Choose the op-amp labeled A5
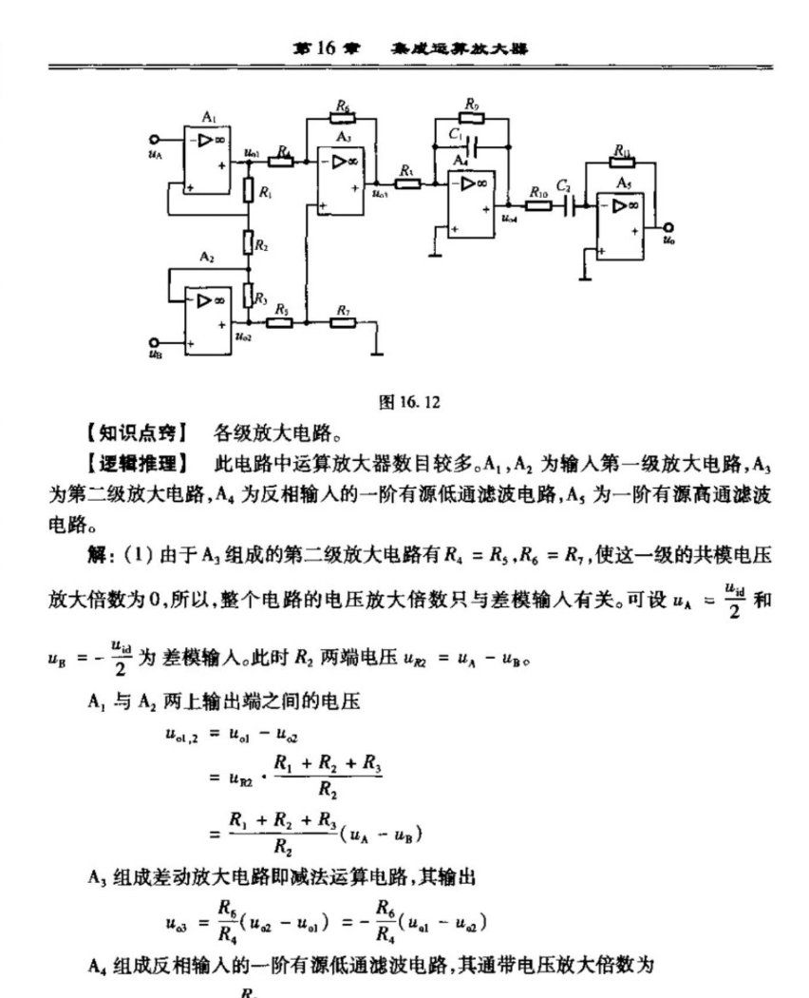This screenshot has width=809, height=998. (x=624, y=221)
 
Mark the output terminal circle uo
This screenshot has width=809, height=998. (x=669, y=226)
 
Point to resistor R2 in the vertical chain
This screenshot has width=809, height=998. (x=249, y=244)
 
